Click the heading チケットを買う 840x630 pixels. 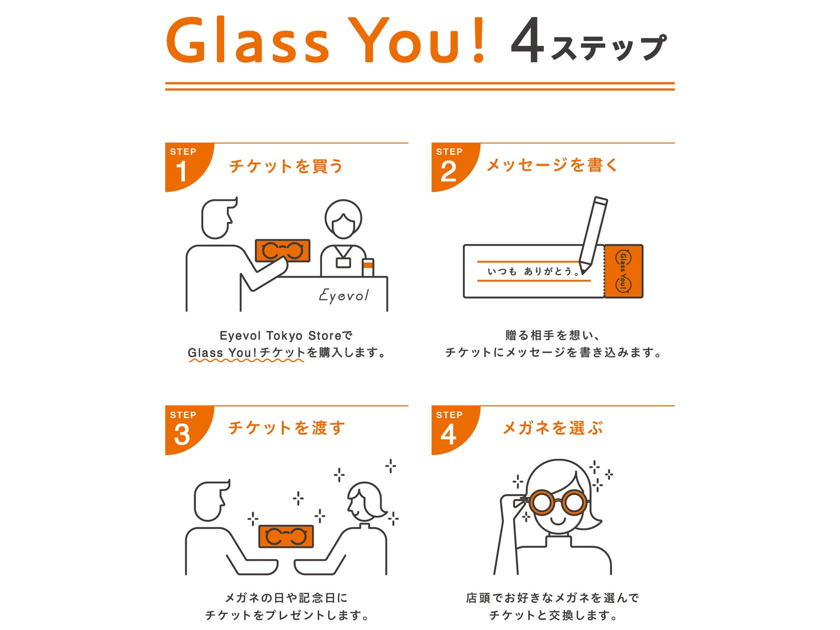(286, 166)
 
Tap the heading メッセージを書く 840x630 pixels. (552, 165)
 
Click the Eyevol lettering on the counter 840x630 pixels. (344, 295)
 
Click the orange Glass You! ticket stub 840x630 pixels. (623, 271)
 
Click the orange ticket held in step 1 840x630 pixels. (282, 251)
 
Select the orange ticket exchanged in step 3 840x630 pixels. (286, 536)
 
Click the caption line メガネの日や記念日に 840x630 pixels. (286, 598)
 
